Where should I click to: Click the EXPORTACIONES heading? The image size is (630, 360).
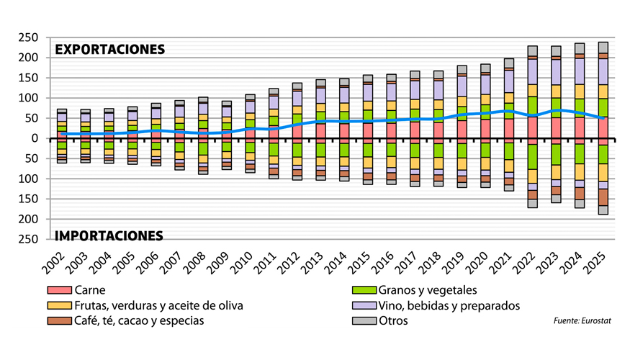110,50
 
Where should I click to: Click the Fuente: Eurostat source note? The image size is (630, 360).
582,321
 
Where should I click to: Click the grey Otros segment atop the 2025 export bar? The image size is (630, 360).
603,48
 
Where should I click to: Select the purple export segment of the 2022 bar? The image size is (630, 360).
532,71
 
